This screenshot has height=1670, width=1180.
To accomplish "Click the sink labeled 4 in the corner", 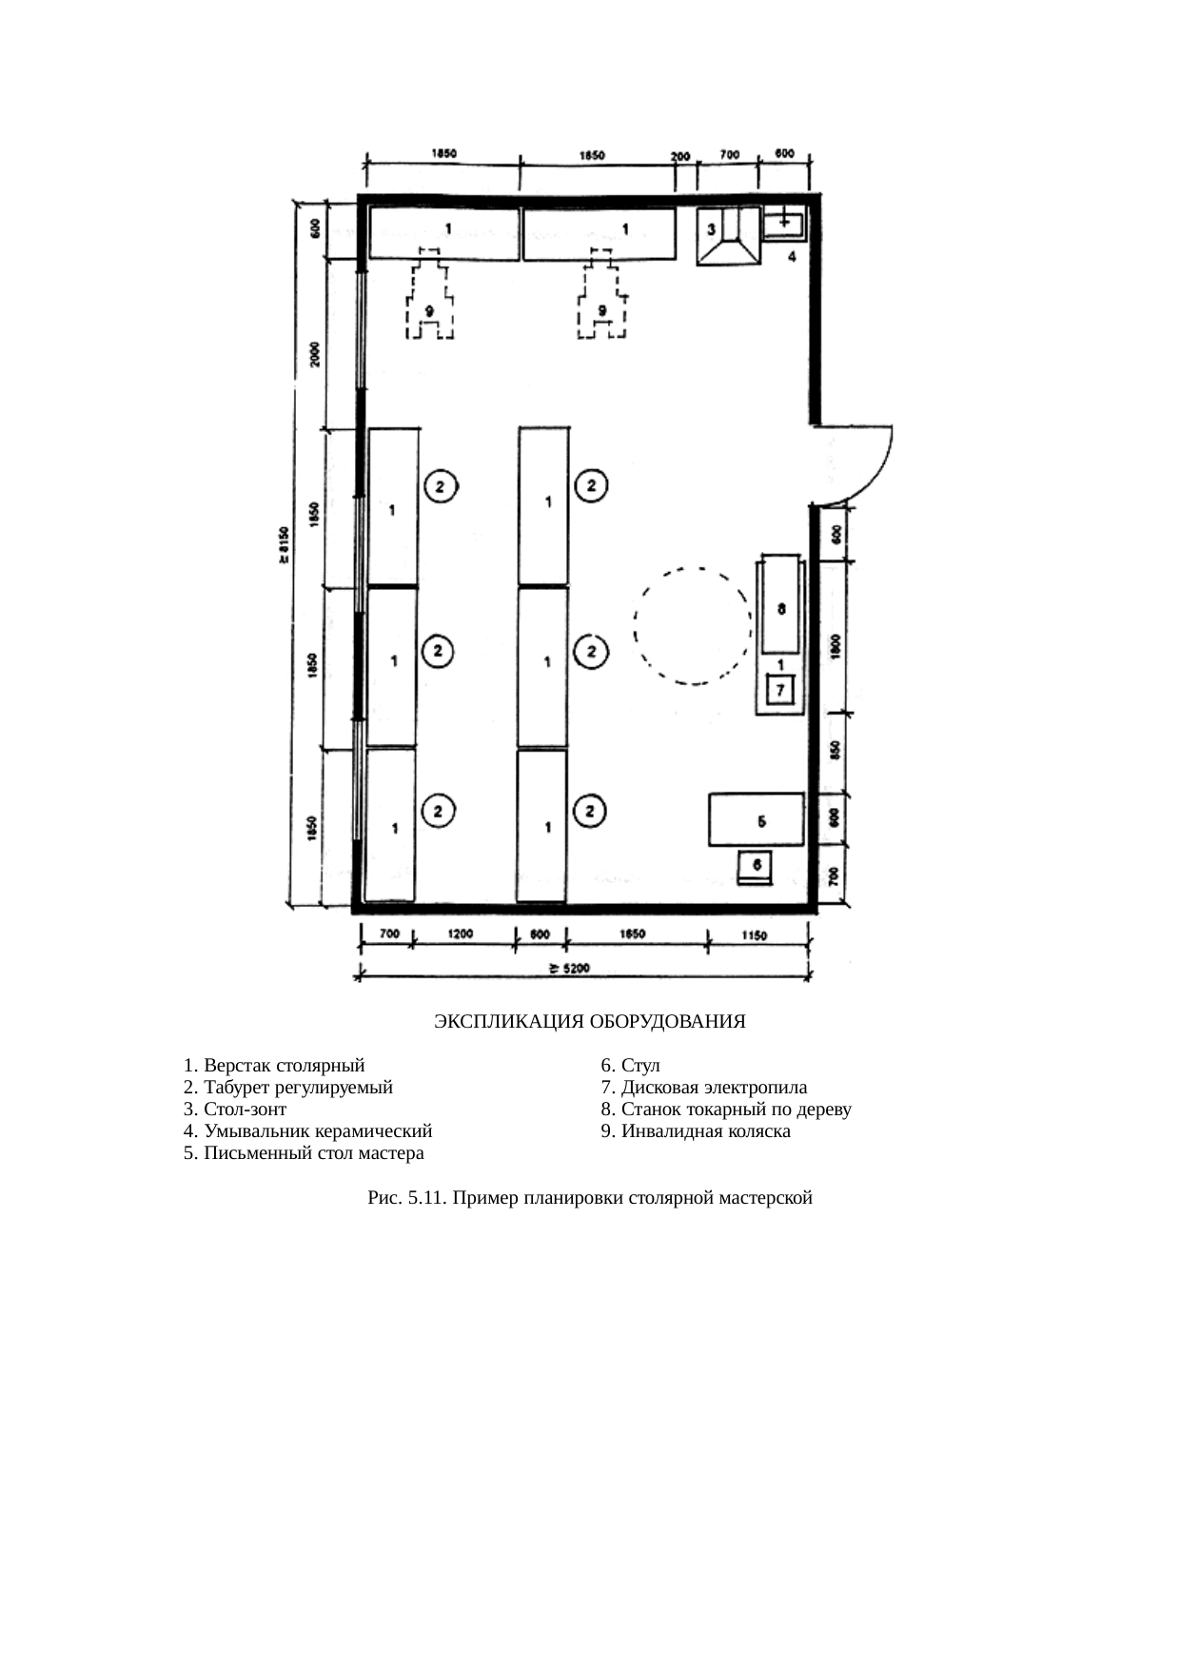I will point(784,226).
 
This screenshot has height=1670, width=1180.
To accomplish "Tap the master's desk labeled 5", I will point(756,819).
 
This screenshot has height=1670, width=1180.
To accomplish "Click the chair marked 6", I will point(757,867).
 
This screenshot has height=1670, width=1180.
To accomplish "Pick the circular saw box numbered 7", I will point(780,689).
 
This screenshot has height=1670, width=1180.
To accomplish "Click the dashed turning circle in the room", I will point(693,626).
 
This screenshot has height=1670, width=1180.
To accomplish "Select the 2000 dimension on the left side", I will point(315,354).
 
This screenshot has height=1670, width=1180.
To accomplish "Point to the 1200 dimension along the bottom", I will point(461,934).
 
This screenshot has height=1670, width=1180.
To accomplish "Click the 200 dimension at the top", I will point(679,156).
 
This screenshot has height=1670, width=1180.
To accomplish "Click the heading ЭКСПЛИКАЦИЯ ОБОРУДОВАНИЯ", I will point(589,1022).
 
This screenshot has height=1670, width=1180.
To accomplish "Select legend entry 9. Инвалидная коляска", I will point(695,1131).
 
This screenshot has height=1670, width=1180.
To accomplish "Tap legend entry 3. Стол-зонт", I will point(235,1110).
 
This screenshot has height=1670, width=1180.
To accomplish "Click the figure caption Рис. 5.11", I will point(589,1198).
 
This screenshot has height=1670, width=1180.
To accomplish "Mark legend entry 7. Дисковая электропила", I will point(703,1088).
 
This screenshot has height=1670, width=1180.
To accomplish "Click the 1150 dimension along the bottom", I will point(753,934).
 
